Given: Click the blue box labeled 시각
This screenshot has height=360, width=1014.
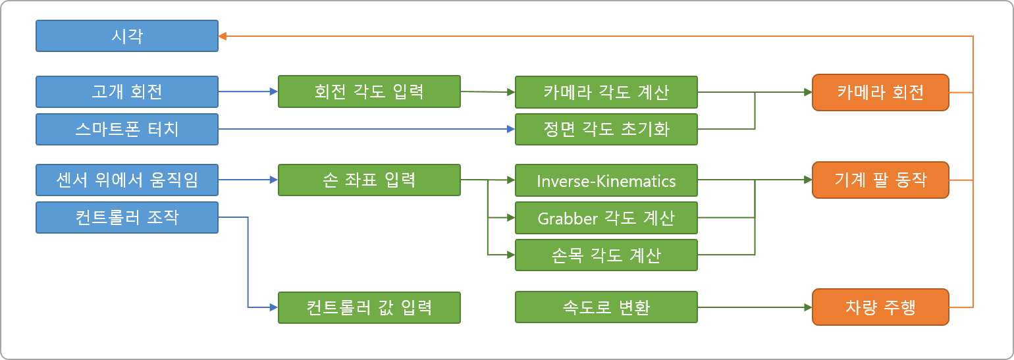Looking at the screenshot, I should point(126,36).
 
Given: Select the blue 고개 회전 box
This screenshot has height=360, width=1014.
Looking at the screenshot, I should point(126,91).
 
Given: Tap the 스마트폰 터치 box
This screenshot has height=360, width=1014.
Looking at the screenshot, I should point(126,129).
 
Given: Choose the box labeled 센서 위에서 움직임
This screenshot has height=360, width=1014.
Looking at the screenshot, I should point(126,180).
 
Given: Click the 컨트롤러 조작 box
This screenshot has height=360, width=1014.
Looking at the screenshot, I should point(126,217).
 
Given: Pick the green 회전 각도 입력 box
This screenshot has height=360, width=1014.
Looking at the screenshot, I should point(369,91).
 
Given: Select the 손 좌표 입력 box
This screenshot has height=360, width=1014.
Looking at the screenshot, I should point(369,180).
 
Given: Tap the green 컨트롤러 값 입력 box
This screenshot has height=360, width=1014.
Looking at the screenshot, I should point(369,307).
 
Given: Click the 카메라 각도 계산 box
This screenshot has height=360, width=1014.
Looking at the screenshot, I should point(606,91).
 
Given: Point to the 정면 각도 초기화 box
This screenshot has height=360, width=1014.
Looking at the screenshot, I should point(606,129).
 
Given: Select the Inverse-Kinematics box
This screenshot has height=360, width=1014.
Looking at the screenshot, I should point(606,180).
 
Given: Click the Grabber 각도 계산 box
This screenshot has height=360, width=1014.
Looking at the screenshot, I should point(606,218).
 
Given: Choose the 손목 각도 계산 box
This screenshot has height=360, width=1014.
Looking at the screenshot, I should point(606,255).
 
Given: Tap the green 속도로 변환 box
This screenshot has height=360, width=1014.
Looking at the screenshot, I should point(606,307).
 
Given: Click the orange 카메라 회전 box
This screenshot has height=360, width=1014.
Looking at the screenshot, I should point(880,91).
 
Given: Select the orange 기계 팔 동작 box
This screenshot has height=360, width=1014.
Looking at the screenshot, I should point(880,180).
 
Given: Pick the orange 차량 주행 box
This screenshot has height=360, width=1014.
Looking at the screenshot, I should point(880,307).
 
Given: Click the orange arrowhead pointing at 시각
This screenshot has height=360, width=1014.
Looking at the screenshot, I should point(223,36).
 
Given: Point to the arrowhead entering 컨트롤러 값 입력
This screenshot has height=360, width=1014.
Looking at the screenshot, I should point(274,307).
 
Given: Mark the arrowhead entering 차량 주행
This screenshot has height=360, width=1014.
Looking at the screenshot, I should point(808,307).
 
